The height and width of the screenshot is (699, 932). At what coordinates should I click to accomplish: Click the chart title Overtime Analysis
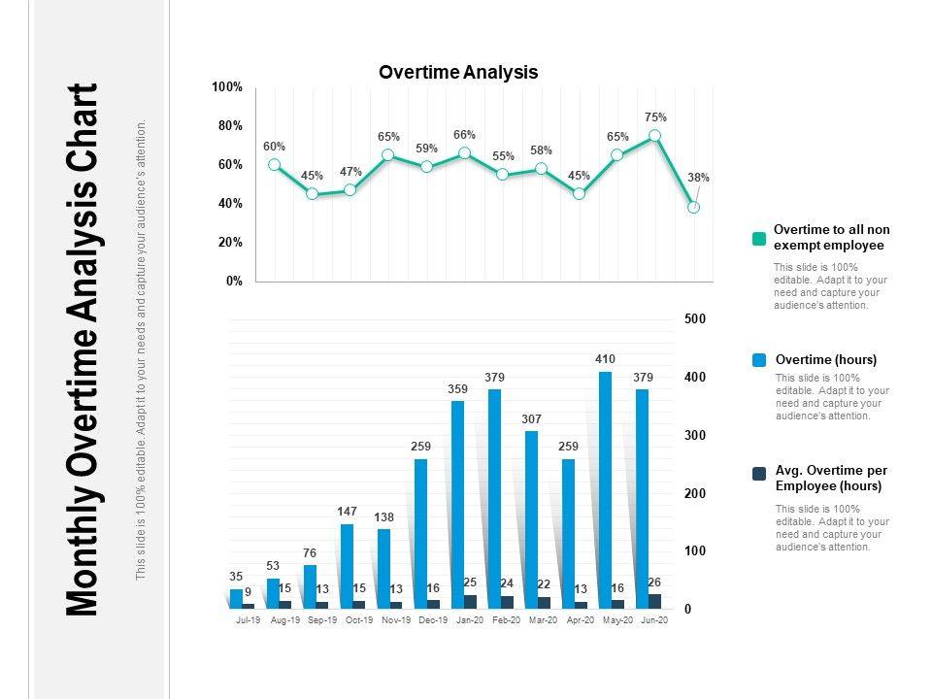point(458,73)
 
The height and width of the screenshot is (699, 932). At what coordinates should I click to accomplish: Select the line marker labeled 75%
point(655,136)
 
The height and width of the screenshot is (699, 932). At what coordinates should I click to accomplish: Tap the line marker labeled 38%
point(693,207)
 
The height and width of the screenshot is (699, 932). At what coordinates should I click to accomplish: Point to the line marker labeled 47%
point(350,190)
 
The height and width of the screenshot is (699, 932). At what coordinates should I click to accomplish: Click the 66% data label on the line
point(464,135)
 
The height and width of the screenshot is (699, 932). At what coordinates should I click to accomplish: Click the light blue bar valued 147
point(347,566)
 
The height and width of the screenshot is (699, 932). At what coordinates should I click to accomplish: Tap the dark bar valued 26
point(655,601)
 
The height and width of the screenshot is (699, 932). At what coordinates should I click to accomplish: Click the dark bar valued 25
point(471,602)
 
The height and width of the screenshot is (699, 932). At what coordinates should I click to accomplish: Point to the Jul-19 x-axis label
point(249,620)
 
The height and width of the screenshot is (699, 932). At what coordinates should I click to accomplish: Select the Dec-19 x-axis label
point(433,620)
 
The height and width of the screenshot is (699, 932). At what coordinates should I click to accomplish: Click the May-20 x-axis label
point(617,620)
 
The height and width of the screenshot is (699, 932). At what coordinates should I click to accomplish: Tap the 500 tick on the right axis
point(695,319)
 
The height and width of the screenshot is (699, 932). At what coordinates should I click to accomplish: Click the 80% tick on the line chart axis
point(230,126)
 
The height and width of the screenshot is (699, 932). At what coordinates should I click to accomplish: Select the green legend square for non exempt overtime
point(759,239)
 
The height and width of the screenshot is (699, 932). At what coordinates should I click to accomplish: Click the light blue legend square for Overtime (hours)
point(759,360)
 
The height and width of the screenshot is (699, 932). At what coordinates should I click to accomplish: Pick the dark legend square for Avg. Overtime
point(759,473)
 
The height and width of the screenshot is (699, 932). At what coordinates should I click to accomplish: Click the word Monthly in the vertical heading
point(83,553)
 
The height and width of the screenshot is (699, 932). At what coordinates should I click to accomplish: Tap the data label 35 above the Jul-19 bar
point(236,577)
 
